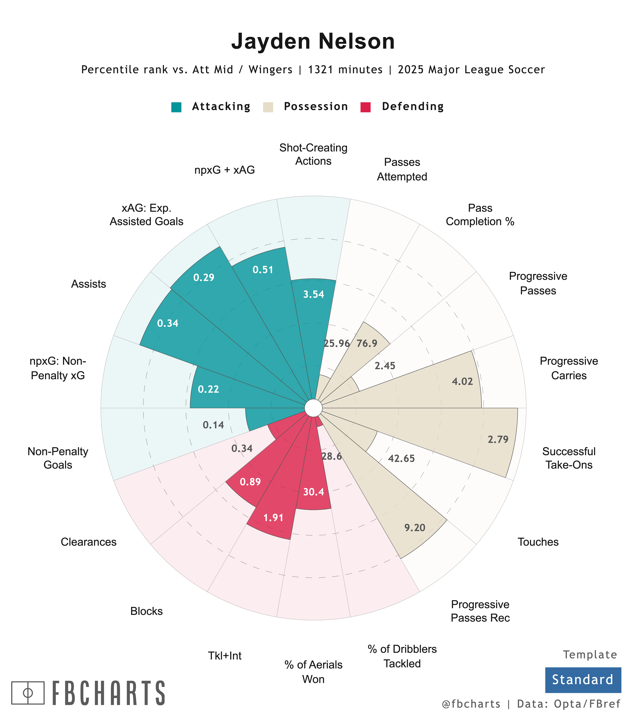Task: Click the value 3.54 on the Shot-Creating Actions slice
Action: [313, 294]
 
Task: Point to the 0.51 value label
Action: [263, 270]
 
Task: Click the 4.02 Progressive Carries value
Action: [462, 381]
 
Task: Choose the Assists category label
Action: [88, 284]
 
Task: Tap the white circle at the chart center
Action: [313, 408]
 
